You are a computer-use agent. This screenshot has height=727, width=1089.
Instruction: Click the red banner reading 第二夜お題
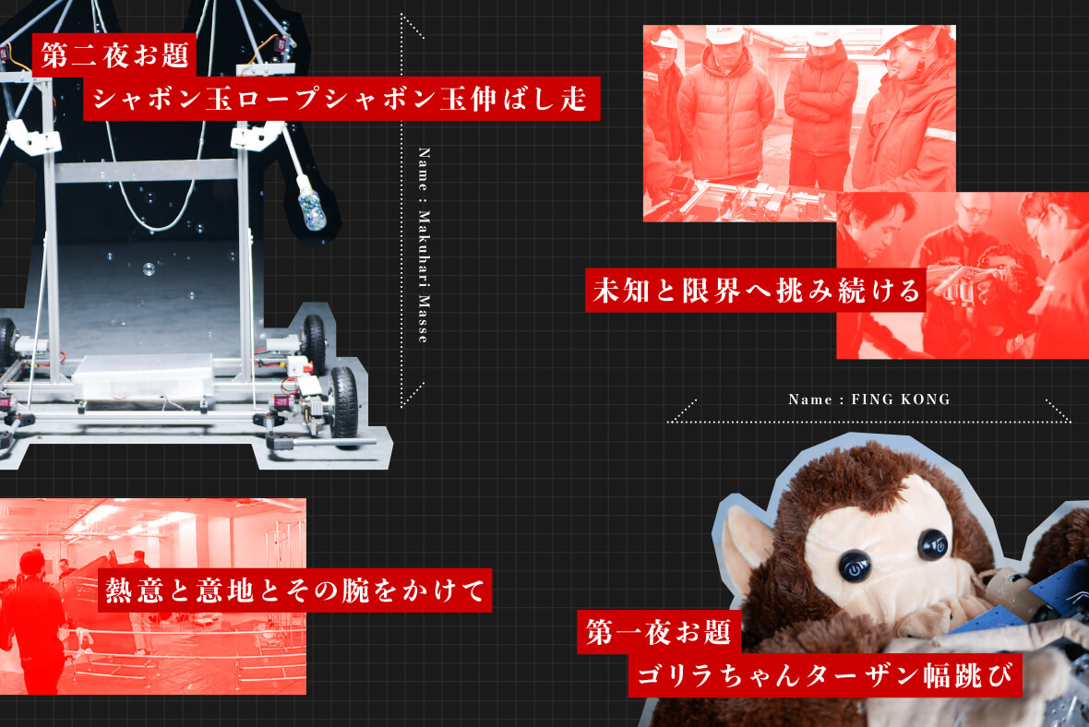(x=114, y=54)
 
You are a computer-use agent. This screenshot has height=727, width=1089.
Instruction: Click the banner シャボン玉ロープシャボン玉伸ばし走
(x=341, y=97)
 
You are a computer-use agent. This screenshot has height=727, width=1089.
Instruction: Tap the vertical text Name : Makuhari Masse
(x=424, y=244)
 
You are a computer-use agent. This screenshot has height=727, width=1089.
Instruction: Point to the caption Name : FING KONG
(x=868, y=399)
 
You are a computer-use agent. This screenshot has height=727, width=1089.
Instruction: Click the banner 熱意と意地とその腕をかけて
(x=294, y=590)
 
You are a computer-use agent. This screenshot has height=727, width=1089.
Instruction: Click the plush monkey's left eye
(x=852, y=563)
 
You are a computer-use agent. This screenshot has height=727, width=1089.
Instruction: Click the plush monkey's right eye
(x=932, y=545)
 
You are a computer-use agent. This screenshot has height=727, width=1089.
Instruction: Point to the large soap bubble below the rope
(x=148, y=269)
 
